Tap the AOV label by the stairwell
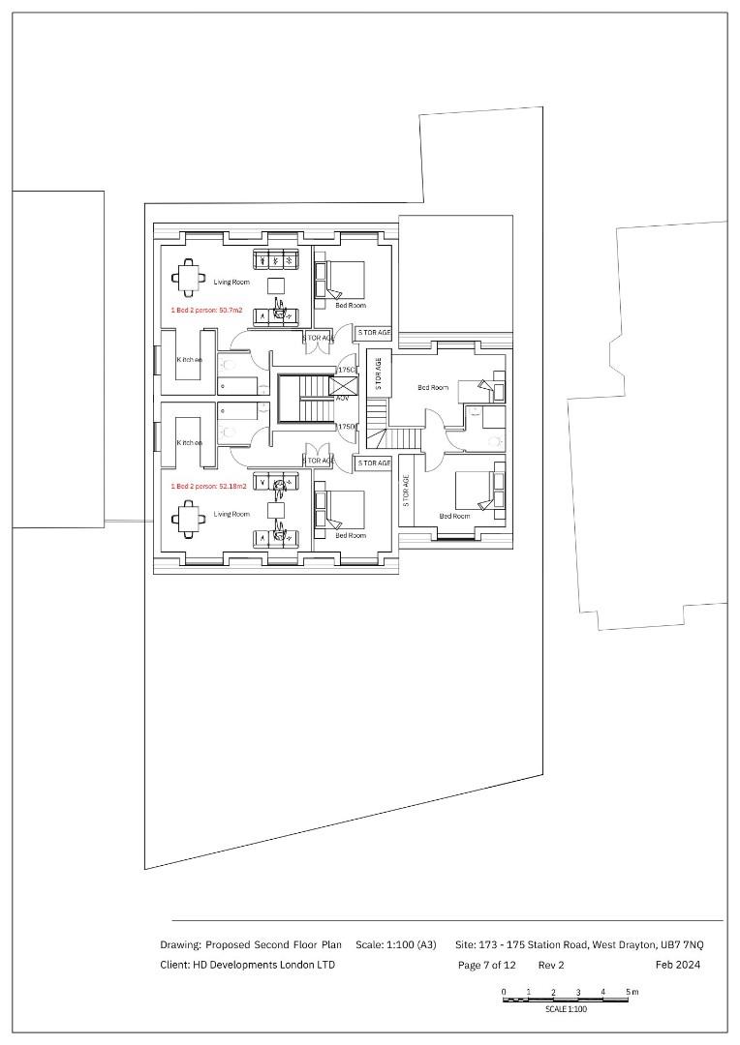point(342,398)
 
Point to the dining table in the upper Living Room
point(189,278)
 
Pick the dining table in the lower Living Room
point(188,520)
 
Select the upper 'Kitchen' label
point(189,360)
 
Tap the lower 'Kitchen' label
point(189,443)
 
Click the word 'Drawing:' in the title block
point(181,944)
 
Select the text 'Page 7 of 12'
point(486,965)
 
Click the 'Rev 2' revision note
point(551,965)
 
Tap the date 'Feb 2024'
point(677,965)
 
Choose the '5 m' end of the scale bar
point(632,993)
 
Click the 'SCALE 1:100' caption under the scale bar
point(566,1009)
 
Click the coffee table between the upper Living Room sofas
point(276,284)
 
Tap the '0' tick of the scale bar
point(504,993)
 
